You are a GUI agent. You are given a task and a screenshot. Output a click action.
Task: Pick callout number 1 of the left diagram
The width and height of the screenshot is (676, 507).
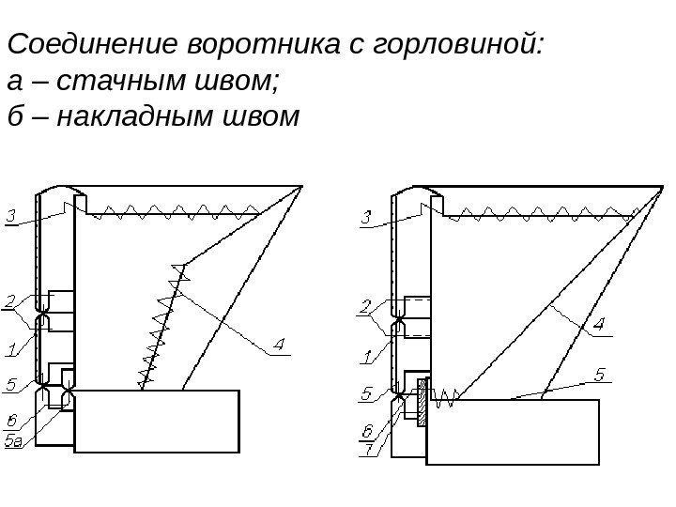pos(10,351)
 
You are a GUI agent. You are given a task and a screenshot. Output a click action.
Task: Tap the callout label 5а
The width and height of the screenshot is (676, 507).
pos(14,441)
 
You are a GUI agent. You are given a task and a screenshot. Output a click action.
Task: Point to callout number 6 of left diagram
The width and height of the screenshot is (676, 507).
pos(10,421)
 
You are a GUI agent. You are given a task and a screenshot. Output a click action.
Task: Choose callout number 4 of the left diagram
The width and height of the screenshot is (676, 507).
pos(279,346)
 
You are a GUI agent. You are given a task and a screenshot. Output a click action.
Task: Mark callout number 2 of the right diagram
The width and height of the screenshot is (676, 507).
pos(367,305)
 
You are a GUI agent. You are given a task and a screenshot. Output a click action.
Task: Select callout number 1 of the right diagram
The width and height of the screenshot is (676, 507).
pos(367,356)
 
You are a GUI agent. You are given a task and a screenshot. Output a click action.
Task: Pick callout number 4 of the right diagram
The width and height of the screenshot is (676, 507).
pos(598,326)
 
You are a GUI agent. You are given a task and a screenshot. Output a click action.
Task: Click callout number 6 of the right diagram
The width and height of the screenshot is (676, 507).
pos(367,431)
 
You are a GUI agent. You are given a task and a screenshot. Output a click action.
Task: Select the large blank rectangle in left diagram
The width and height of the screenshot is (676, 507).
pos(157,420)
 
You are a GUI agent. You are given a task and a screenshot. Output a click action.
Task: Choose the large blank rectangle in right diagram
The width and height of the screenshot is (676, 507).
pos(513,431)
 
